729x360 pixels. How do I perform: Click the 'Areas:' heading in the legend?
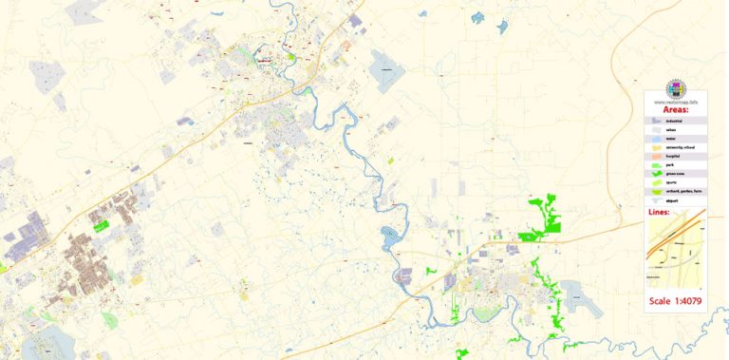(676, 109)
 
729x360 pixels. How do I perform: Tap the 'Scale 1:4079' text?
(676, 301)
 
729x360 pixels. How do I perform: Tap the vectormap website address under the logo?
(676, 100)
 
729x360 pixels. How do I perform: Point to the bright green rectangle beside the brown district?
(100, 227)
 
